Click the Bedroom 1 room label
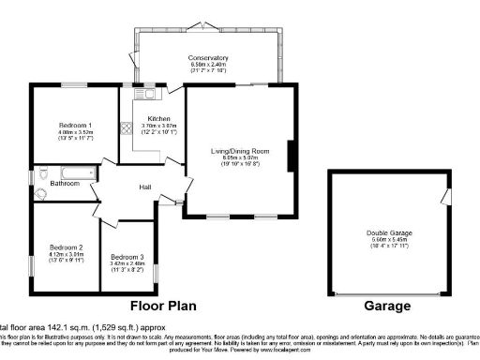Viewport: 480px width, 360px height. point(75,126)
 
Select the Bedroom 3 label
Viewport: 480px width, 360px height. point(127,256)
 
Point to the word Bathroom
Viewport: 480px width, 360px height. point(65,183)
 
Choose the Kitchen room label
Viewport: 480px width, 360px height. point(157,119)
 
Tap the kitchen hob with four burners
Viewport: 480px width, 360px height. point(125,128)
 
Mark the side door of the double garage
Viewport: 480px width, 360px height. point(446,197)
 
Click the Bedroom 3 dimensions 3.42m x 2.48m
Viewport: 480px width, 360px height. point(127,263)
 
